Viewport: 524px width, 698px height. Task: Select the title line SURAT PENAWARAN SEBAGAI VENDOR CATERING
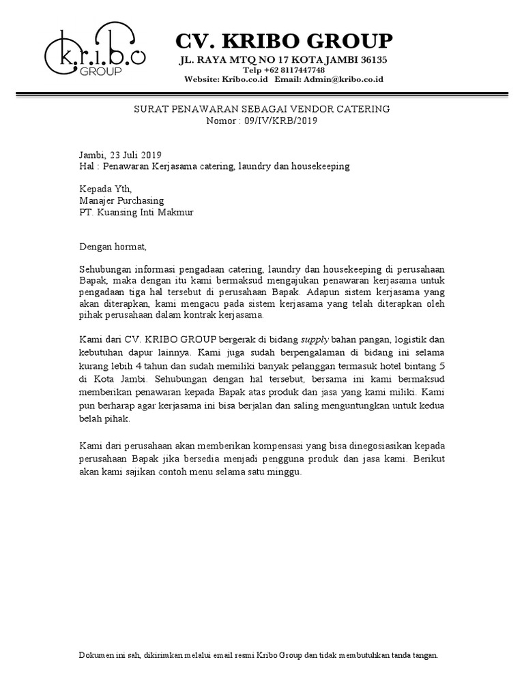pos(261,109)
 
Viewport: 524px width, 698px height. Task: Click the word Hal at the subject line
pos(86,166)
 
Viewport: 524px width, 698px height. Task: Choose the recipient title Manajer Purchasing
pos(121,200)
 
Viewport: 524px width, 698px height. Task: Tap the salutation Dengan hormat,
pos(113,246)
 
